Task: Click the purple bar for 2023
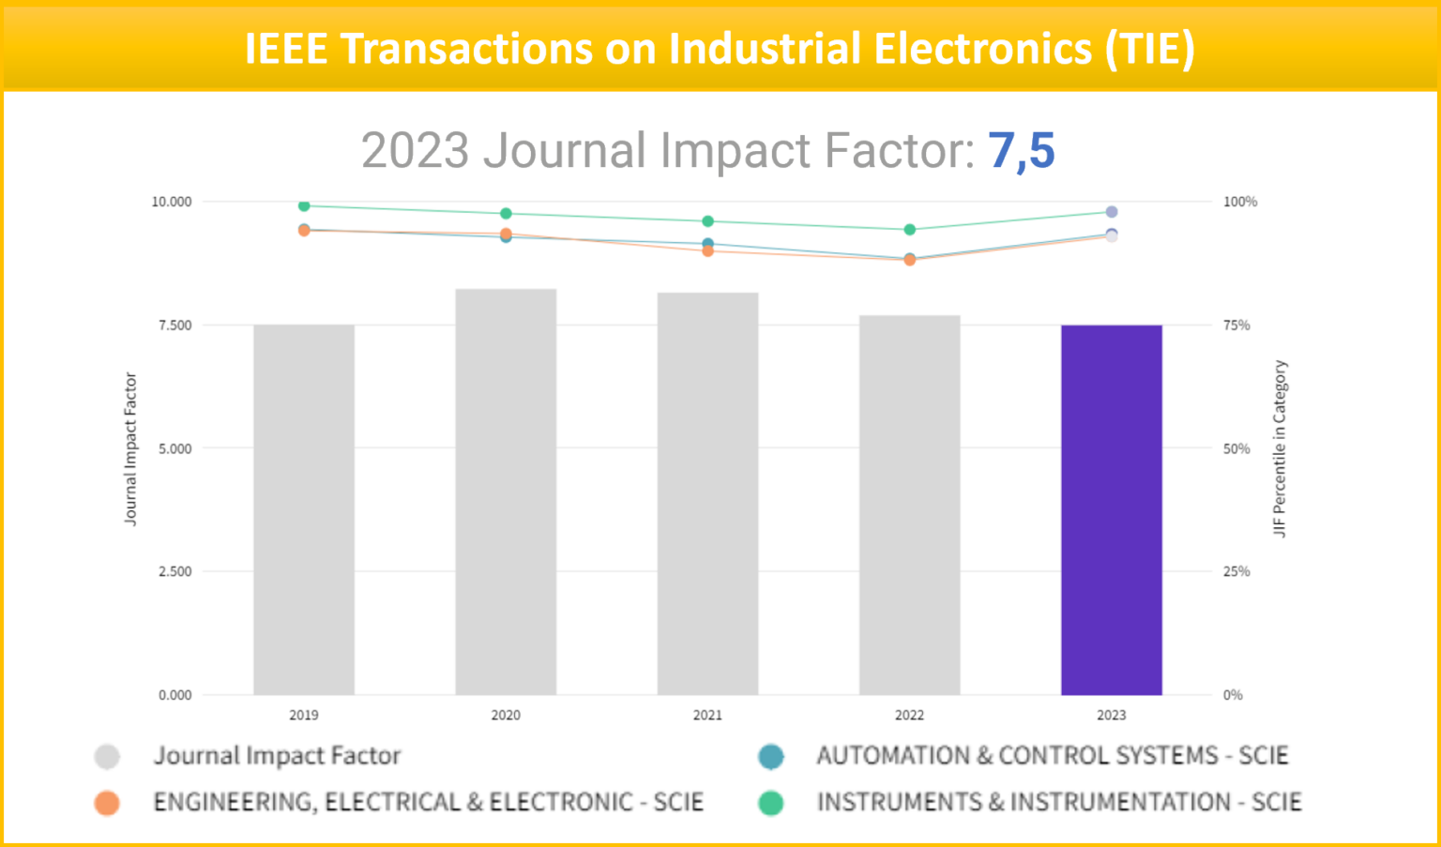click(x=1112, y=510)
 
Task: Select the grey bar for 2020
click(x=506, y=492)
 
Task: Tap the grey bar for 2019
click(x=304, y=510)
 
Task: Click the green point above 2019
click(x=304, y=205)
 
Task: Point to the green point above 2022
click(x=909, y=230)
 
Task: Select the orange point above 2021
click(x=707, y=250)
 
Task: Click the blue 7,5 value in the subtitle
click(x=1022, y=150)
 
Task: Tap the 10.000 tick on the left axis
click(x=172, y=202)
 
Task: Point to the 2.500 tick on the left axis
click(x=174, y=571)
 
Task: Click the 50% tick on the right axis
click(x=1236, y=448)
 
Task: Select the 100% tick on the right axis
click(x=1239, y=202)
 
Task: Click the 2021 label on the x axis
click(x=707, y=715)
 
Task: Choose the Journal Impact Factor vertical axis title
click(x=130, y=448)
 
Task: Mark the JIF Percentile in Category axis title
click(x=1280, y=448)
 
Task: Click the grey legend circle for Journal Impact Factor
click(x=107, y=756)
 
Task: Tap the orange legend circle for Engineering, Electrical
click(x=107, y=803)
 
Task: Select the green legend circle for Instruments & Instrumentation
click(x=770, y=803)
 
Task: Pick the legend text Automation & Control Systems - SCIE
click(x=1052, y=756)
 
